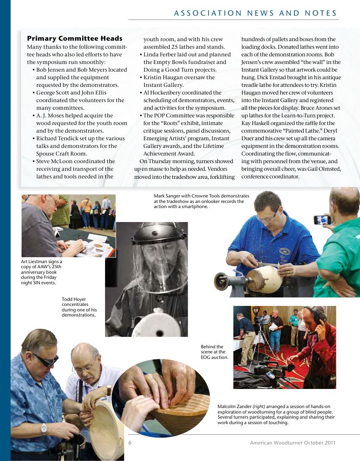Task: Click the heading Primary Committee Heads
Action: coord(75,39)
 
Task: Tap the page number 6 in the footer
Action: coord(130,442)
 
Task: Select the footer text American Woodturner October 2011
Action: coord(293,442)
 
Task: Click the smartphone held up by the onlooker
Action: coord(322,220)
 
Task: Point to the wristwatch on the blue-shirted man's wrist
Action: coord(44,429)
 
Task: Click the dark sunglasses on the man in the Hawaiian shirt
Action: coord(46,360)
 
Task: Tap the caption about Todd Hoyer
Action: coord(79,307)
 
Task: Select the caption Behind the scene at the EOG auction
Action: coord(214,352)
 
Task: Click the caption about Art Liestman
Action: coord(42,272)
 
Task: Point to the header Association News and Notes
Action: coord(255,13)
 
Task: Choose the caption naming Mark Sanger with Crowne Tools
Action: coord(202,201)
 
